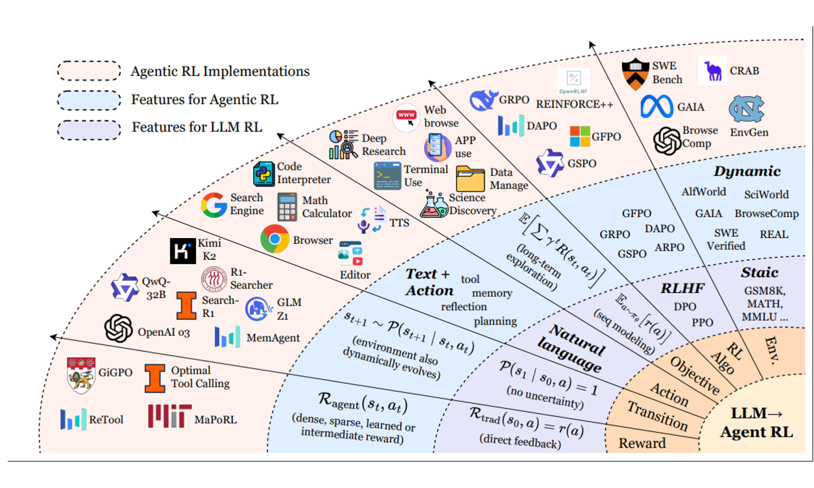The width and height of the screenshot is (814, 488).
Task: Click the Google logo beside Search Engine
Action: pos(214,205)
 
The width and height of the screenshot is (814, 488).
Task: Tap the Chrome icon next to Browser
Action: pos(275,239)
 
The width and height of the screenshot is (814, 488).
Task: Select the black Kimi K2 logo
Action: pos(183,251)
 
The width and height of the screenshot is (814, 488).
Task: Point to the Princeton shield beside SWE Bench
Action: pos(635,74)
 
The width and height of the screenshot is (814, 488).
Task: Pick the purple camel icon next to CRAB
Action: pos(713,71)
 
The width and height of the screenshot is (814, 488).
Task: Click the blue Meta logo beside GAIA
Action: pos(656,107)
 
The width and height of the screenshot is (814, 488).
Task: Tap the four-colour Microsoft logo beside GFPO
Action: pos(580,136)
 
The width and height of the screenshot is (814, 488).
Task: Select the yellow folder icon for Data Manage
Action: pos(470,179)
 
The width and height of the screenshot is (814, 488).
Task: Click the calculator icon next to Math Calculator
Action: pos(287,207)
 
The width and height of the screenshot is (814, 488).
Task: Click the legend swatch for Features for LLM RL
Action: pos(89,130)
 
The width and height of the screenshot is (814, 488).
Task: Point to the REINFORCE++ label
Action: pos(574,105)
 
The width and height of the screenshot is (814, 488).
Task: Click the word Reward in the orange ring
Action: pos(642,443)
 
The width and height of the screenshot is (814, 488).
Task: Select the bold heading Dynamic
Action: pos(747,171)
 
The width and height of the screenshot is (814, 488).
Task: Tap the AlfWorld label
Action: pos(704,192)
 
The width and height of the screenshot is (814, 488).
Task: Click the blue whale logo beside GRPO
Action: pos(483,100)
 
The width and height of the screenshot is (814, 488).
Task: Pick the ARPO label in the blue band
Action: pos(670,247)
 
